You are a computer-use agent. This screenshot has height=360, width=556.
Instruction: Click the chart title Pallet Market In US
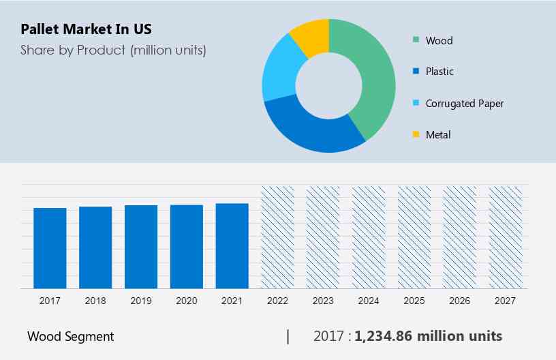pos(86,29)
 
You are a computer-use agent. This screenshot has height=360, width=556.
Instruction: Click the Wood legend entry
pos(438,40)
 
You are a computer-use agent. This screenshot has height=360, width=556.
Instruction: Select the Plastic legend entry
pos(439,72)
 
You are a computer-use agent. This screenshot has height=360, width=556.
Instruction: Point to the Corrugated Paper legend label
pos(463,104)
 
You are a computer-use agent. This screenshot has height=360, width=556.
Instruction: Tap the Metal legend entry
pos(437,134)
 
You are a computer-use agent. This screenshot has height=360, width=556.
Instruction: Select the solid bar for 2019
pos(141,246)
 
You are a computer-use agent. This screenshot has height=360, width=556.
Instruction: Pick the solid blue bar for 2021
pos(232,245)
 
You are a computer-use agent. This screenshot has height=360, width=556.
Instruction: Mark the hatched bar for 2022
pos(277,237)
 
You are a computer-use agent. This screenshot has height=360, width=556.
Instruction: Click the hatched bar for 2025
pos(414,237)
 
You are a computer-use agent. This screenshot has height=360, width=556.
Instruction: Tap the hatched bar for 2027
pos(506,237)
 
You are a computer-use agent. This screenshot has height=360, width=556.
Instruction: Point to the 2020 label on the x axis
pos(186,301)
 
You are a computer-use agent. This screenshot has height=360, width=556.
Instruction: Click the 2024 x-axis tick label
pos(369,301)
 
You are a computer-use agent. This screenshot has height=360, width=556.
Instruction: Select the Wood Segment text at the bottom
pos(71,336)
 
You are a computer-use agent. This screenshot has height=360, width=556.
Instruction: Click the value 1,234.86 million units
pos(429,336)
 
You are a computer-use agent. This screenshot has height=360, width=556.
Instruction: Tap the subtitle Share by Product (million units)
pos(113,50)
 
